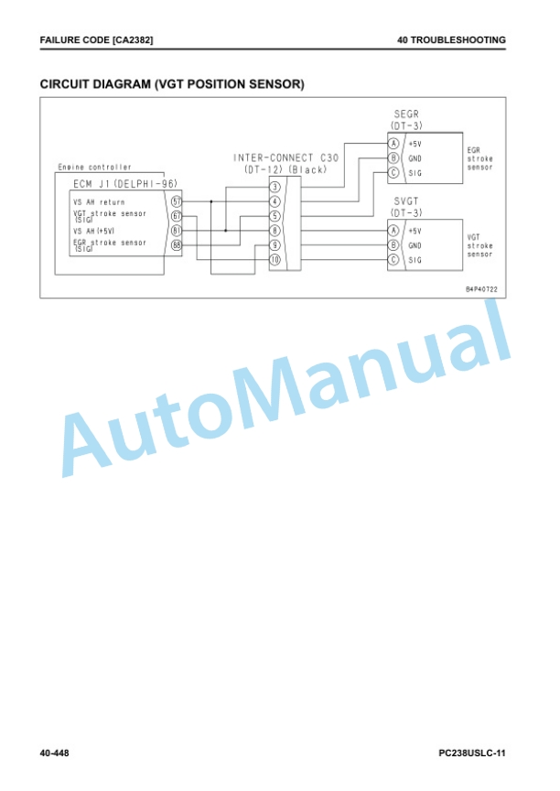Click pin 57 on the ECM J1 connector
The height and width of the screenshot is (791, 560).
(x=177, y=201)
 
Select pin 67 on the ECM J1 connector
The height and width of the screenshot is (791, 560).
(x=177, y=216)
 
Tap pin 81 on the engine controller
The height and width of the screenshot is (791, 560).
(x=177, y=231)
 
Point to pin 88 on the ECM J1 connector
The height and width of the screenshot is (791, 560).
(x=177, y=245)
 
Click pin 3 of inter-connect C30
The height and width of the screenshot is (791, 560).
(x=275, y=187)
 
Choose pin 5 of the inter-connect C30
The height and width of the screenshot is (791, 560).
(x=275, y=216)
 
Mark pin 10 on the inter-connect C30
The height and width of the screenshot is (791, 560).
(x=275, y=260)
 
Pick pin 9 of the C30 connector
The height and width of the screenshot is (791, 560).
(x=275, y=245)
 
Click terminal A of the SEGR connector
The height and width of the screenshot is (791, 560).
(x=393, y=144)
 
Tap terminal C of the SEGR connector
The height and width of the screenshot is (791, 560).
(x=393, y=172)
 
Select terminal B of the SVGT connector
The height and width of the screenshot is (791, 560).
(x=393, y=245)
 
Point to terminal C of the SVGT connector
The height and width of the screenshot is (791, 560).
(x=393, y=260)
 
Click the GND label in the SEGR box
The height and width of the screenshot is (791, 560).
(x=415, y=158)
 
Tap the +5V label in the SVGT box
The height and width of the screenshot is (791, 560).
(x=415, y=231)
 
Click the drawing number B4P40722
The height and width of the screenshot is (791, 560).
(x=481, y=289)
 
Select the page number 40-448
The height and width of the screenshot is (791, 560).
(x=54, y=753)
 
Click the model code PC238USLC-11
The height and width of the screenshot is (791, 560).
(x=472, y=753)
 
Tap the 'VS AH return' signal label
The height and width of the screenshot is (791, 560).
(x=99, y=202)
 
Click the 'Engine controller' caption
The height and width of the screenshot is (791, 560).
(x=95, y=167)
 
